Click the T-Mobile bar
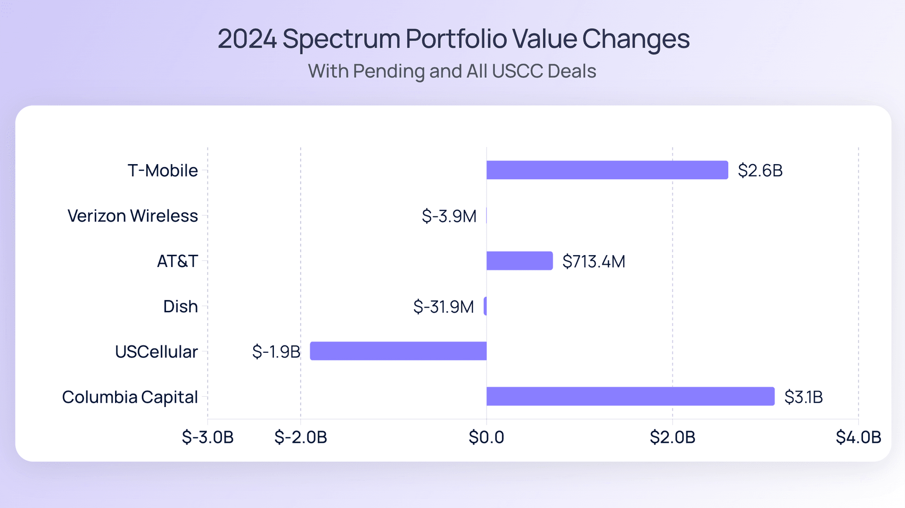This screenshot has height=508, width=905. pos(607,170)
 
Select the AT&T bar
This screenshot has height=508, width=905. pos(519,261)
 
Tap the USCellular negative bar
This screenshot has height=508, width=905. pos(398,351)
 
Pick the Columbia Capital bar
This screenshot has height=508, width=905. pos(630,396)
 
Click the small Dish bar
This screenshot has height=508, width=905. pos(485,306)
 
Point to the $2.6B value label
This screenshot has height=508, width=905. pos(760,170)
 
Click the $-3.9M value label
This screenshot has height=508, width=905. pos(449,216)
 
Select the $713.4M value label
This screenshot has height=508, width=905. pos(593,261)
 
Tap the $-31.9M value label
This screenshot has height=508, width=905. pos(443,307)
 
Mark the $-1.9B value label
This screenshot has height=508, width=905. pos(276,351)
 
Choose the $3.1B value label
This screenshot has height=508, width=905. pos(803,397)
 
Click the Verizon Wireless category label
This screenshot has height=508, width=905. pos(132,216)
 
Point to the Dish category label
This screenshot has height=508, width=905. pos(180,306)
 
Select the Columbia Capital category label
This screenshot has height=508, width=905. pos(130,397)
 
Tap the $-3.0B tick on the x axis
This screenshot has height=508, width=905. pos(208,437)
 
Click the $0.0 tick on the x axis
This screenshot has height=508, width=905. pos(486,437)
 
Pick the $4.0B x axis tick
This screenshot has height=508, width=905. pos(858,437)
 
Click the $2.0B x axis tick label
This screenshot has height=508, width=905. pos(673,437)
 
